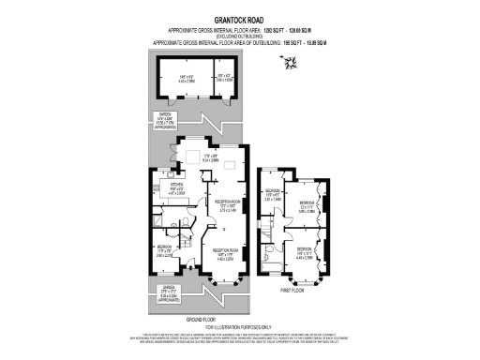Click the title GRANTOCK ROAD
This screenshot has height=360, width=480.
coord(240,18)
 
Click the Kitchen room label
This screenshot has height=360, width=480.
coord(174,190)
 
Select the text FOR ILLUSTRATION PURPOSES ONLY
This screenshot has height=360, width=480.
coord(240,325)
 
